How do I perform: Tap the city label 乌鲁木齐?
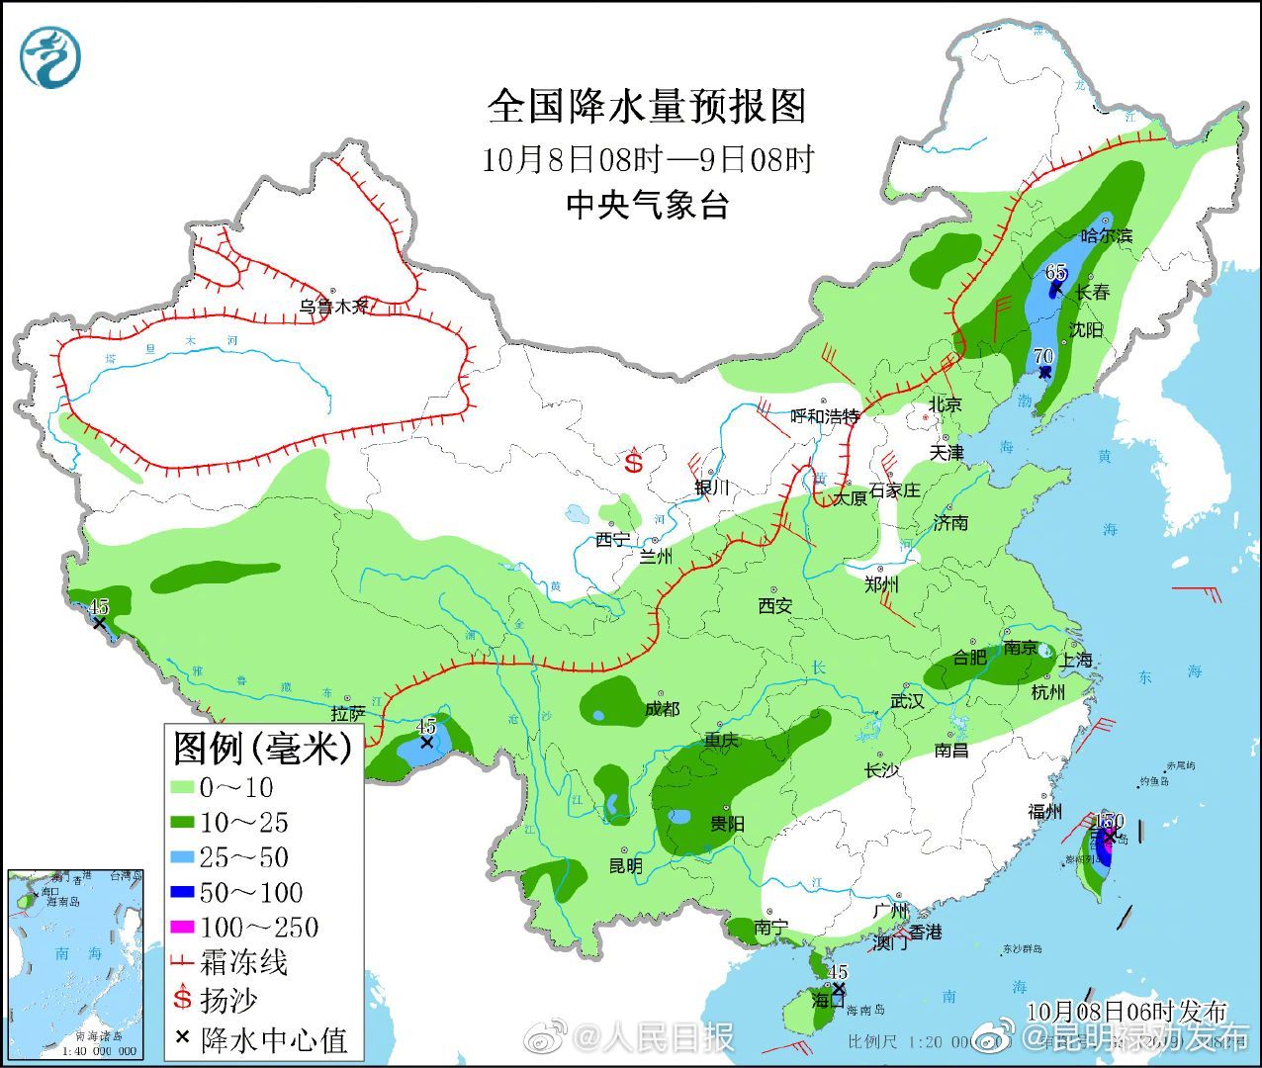click(333, 307)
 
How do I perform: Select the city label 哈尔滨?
click(1106, 235)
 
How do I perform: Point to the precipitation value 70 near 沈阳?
click(1042, 357)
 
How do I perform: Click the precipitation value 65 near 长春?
click(1055, 273)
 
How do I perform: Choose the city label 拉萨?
click(348, 713)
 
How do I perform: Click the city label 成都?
click(662, 709)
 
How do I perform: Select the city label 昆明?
click(625, 866)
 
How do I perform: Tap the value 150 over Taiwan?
click(1110, 821)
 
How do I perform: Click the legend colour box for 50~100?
click(184, 893)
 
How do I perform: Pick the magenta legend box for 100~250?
click(184, 928)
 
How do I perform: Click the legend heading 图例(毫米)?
click(262, 748)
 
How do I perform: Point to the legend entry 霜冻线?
click(243, 962)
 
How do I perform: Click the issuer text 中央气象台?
click(648, 205)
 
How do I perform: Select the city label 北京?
click(945, 403)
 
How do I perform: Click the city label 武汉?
click(906, 700)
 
